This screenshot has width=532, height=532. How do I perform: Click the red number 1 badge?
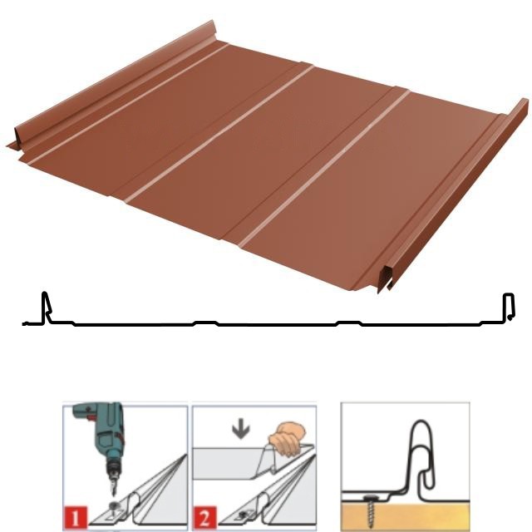[76, 518]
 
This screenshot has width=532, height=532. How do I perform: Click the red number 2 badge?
[205, 518]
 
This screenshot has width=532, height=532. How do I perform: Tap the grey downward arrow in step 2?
[241, 431]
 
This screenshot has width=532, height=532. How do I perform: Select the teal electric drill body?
[101, 427]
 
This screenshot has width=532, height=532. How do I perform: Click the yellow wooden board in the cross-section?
[405, 516]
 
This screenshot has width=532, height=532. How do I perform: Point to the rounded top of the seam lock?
[421, 424]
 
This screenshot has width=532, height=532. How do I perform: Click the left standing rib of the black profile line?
[46, 307]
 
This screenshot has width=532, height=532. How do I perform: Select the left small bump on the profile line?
[205, 323]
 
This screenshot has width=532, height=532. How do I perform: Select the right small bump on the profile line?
[348, 323]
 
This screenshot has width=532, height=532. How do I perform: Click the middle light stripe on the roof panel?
[219, 134]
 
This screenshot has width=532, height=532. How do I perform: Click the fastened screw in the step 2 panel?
[242, 515]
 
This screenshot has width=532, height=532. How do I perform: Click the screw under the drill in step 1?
[112, 505]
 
